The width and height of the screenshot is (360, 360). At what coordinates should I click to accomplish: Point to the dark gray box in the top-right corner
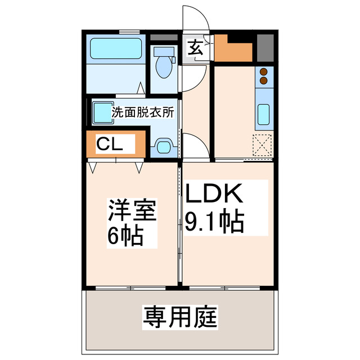(x=265, y=48)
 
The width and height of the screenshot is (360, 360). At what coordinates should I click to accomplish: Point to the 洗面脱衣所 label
(x=143, y=112)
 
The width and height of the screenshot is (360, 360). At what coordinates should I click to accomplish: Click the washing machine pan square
(x=102, y=110)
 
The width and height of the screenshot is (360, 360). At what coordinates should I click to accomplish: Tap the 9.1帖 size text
(x=214, y=222)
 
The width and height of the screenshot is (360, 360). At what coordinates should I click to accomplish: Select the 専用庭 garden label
(x=179, y=318)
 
